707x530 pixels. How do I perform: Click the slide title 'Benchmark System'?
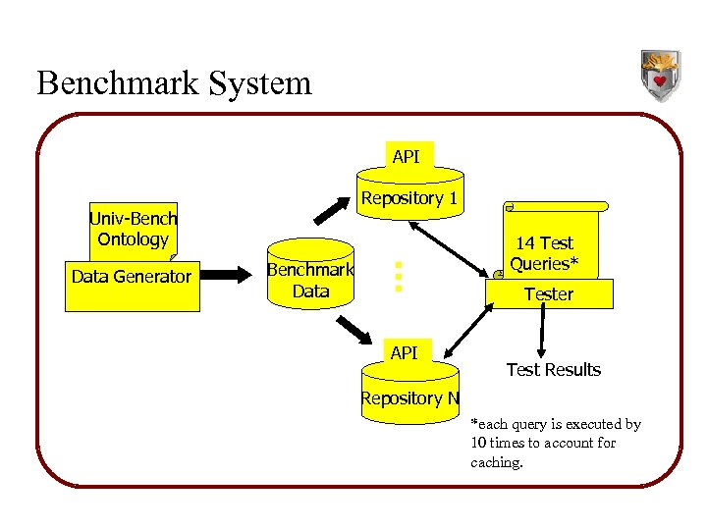(x=174, y=82)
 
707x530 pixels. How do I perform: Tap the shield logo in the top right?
(x=660, y=76)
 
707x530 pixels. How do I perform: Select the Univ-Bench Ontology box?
(x=133, y=229)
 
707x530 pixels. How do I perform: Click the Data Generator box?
(x=132, y=277)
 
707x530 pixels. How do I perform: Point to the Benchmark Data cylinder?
(x=310, y=281)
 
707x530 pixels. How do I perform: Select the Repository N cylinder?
(x=409, y=398)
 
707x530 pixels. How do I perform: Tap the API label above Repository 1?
(x=406, y=156)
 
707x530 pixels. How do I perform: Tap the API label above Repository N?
(x=404, y=352)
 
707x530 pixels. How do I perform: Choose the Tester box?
(x=548, y=293)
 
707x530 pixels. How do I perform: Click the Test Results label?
(x=553, y=370)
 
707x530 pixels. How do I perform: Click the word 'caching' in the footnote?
(x=497, y=461)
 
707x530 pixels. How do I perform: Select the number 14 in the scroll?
(x=526, y=242)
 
